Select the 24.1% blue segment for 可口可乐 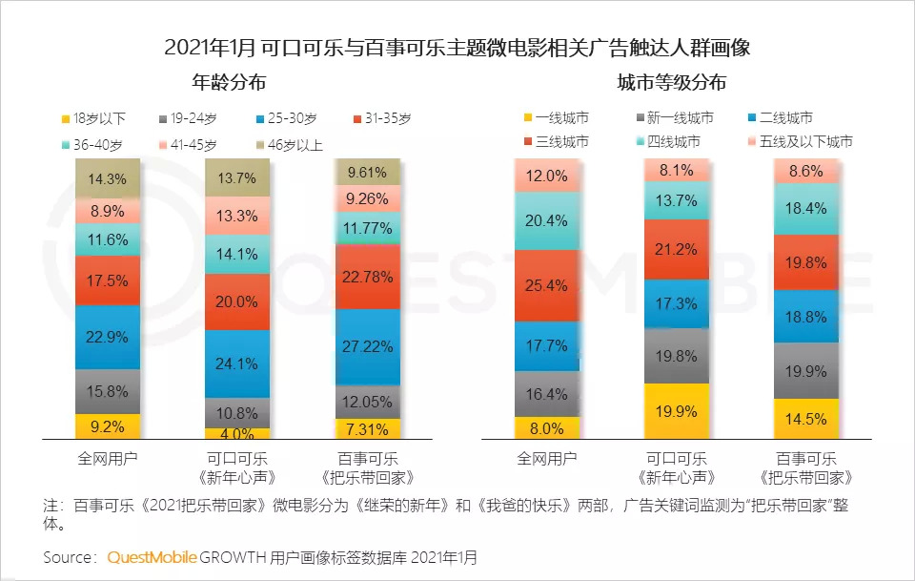pos(237,363)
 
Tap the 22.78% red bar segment pos(367,278)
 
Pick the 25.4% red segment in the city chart pos(546,285)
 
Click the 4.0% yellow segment pos(237,434)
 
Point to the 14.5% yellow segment pos(805,419)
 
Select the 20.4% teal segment pos(546,221)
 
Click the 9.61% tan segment pos(367,173)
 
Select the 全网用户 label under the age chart pos(108,458)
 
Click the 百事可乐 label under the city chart pos(805,458)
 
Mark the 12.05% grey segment pos(367,402)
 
